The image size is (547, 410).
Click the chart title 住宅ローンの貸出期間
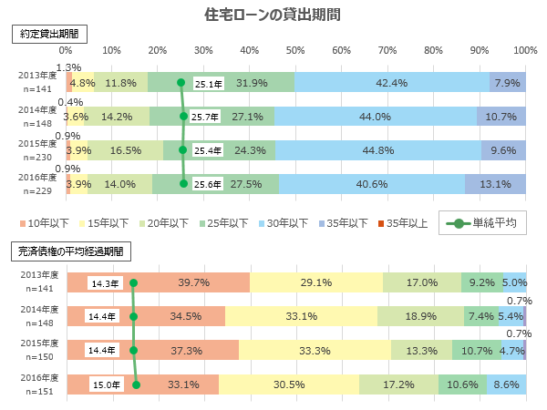tap(273, 15)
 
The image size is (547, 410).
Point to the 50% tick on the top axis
tap(295, 50)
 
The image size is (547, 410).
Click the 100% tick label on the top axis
tap(525, 50)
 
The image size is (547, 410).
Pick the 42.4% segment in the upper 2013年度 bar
tap(392, 83)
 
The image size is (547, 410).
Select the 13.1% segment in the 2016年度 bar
tap(495, 183)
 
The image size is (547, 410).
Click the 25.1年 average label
tap(209, 84)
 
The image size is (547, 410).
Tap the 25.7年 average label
tap(206, 117)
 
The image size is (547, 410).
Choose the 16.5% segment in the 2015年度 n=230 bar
tap(126, 150)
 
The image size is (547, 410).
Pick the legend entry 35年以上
tap(402, 223)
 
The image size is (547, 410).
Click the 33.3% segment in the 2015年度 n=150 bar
tap(315, 350)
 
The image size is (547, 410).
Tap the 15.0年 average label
tap(106, 384)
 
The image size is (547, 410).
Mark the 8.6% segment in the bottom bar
tap(506, 384)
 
